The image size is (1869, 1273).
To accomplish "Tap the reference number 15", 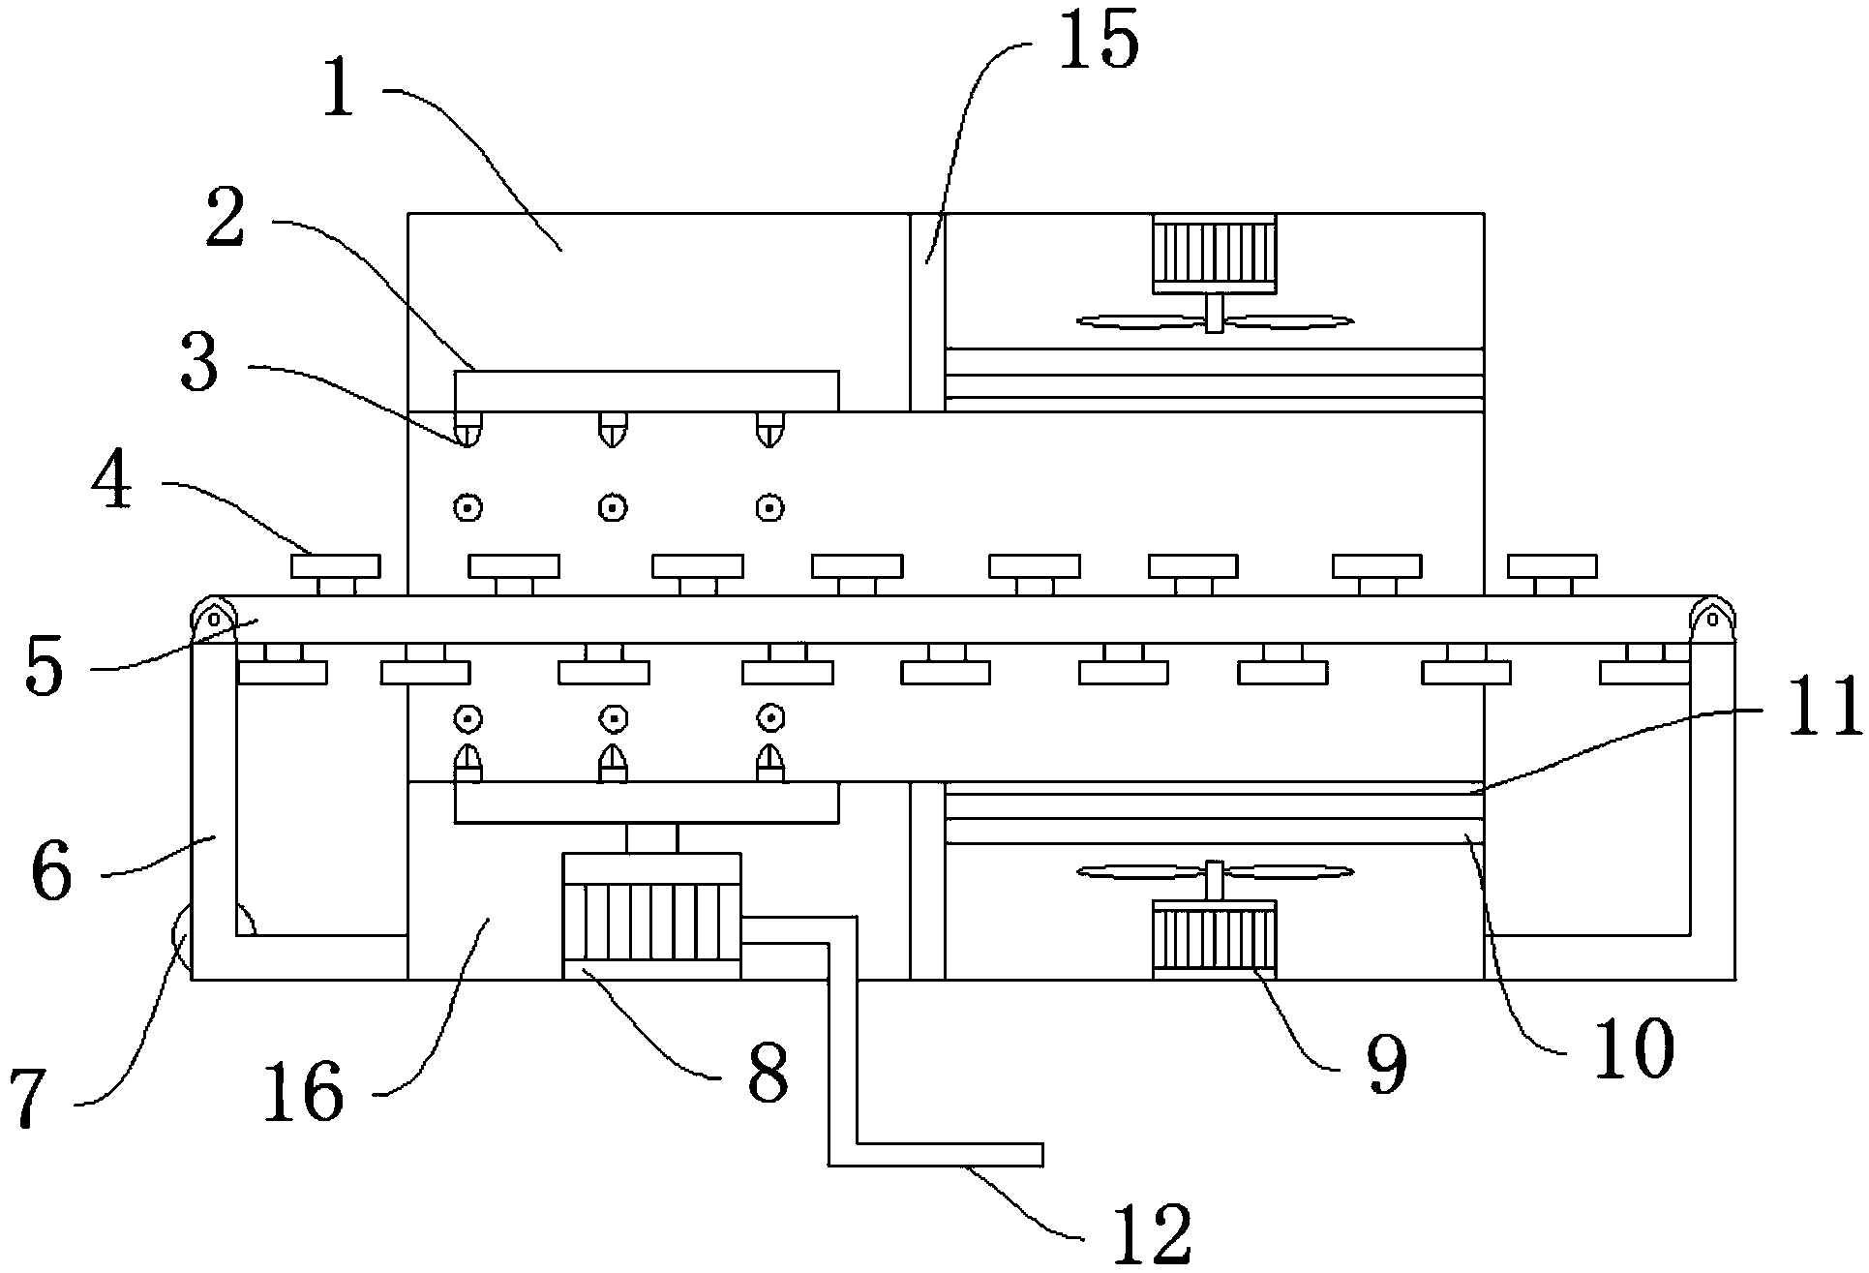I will pos(1098,44).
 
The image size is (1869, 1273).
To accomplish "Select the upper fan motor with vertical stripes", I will pos(1215,253).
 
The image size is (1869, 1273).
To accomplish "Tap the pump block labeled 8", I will pos(651,915).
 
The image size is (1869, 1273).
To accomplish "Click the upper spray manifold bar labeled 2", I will pos(646,390).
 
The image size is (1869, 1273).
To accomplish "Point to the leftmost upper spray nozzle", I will pos(468,428).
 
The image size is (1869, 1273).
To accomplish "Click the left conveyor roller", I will pos(213,618).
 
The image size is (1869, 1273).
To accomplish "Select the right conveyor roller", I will pos(1712,618).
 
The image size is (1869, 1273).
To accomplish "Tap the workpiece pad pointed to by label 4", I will pos(336,565).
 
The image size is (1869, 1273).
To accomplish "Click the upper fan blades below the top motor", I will pos(1215,320).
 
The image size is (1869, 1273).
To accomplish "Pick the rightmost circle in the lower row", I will pos(770,718).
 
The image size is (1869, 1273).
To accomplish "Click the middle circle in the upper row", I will pos(612,507).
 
